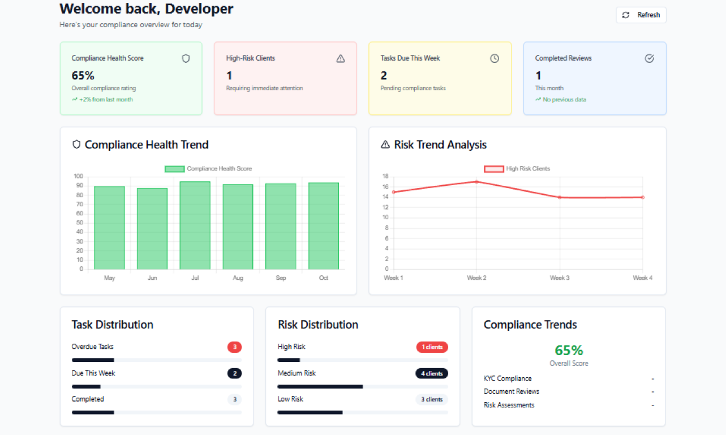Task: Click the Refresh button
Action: (x=641, y=15)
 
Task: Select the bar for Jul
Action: (x=195, y=225)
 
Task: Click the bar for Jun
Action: (x=152, y=229)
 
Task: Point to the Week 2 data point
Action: (x=476, y=182)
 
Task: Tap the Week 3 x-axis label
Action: (x=560, y=278)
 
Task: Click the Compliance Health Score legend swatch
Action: (x=175, y=169)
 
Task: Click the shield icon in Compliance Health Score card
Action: (x=186, y=58)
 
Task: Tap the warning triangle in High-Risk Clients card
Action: (x=340, y=58)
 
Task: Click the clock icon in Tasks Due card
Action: (x=495, y=58)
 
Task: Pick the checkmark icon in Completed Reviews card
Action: (x=649, y=58)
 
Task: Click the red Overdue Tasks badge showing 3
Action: (x=234, y=347)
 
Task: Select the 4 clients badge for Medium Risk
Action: (x=432, y=374)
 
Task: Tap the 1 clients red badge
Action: (x=432, y=347)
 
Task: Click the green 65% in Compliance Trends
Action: (x=569, y=350)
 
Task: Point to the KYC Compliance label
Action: (x=508, y=378)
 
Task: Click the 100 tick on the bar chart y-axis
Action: (x=78, y=176)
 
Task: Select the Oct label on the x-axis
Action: (x=324, y=278)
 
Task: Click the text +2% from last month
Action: (x=106, y=100)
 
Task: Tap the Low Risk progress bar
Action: (x=310, y=412)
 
